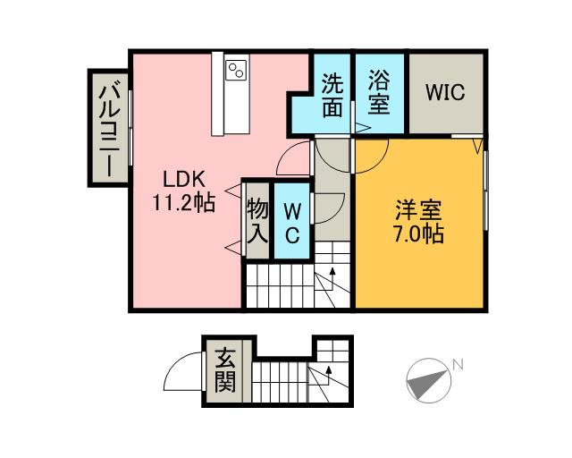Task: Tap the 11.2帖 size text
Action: click(184, 203)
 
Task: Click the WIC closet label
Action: click(444, 93)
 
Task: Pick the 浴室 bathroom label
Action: click(378, 93)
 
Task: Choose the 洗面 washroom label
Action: click(332, 93)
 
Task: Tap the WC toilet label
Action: click(291, 222)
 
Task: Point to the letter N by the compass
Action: click(457, 364)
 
